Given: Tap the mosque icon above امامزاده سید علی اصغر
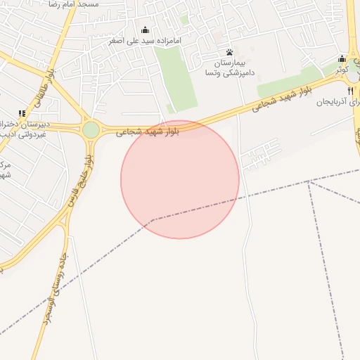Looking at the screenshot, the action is [146, 30].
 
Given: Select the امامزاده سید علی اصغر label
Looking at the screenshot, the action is [146, 41].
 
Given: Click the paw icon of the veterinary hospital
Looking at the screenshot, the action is [229, 53].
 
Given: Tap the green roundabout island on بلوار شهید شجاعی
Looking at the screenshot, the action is [91, 130].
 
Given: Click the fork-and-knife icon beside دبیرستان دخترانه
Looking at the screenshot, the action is [22, 113].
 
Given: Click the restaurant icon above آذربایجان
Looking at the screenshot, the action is [351, 91].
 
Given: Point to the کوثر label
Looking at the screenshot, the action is [342, 70].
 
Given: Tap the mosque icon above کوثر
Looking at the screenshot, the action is [342, 58].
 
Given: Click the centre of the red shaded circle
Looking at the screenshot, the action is [180, 179].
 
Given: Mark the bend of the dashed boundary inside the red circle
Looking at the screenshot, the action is [153, 219].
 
